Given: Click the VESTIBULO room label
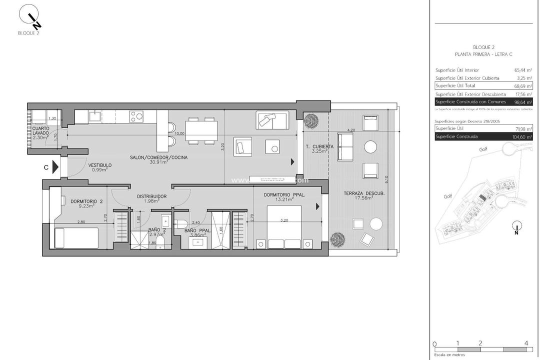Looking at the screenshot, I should coord(100,165).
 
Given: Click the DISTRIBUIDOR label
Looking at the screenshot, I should coord(152,196).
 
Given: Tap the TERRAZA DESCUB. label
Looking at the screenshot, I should coord(363,193).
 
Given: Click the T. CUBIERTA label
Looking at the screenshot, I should coord(319,146).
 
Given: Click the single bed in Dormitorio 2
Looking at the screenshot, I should coord(75,237).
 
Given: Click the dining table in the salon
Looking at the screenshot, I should coord(202,130).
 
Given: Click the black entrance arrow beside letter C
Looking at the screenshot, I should coord(55,167).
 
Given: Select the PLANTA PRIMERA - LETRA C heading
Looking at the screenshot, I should coord(483,54).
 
